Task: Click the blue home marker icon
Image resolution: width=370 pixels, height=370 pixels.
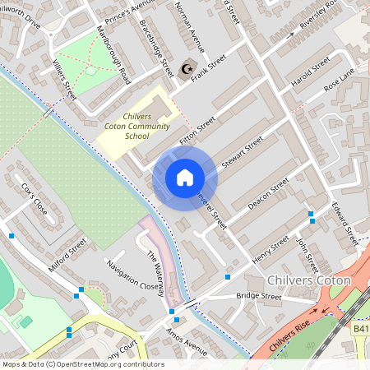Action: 185,178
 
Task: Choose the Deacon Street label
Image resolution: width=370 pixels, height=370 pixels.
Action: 269,192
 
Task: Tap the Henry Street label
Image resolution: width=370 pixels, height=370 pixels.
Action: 271,249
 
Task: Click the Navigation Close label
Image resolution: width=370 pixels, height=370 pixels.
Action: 130,276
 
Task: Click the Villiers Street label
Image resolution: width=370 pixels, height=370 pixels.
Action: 64,79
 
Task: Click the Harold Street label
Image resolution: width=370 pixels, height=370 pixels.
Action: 309,72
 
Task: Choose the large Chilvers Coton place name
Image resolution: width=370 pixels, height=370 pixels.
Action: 309,280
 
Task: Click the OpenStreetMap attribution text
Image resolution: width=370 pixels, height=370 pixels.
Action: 82,363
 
